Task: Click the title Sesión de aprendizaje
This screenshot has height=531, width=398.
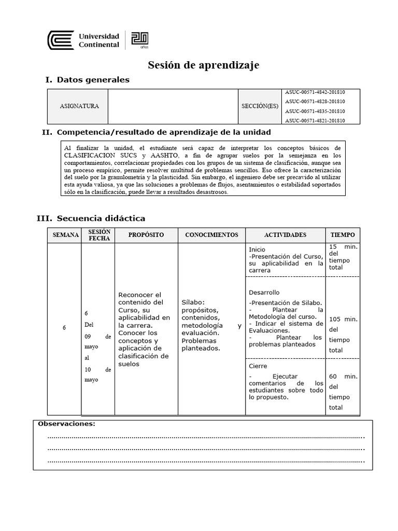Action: pos(204,65)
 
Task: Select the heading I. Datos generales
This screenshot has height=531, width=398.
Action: pos(88,79)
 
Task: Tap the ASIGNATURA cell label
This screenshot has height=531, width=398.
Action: pos(79,106)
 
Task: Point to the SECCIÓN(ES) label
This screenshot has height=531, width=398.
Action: pos(260,106)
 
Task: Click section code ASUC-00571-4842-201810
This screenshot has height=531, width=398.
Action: pos(315,92)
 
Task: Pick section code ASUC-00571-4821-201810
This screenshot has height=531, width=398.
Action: pos(315,120)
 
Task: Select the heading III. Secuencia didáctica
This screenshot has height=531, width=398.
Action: pos(91,218)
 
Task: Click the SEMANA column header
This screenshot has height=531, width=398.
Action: pos(65,235)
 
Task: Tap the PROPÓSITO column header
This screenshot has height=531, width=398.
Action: pos(146,235)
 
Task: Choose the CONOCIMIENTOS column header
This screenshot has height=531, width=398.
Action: pos(211,235)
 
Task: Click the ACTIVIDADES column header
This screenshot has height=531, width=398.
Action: pos(285,235)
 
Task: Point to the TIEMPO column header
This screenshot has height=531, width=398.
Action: pos(342,235)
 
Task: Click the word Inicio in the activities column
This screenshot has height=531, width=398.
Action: pos(257,249)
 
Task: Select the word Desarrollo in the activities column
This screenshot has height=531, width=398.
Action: pos(264,292)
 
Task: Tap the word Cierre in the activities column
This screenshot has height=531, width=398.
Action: pos(258,366)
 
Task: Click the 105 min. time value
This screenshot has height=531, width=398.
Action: pos(343,319)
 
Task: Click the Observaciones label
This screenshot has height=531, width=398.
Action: pos(66,424)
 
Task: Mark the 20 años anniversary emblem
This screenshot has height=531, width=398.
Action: pos(140,40)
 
